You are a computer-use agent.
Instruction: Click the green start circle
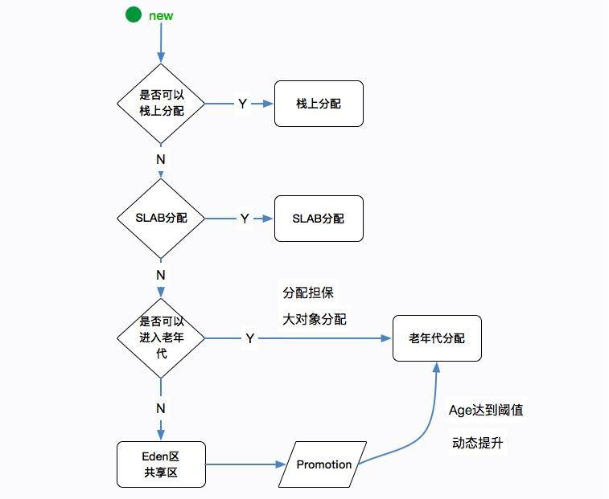coord(134,15)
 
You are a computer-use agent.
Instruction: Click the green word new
coord(161,16)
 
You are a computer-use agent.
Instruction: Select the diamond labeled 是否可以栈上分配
coord(161,103)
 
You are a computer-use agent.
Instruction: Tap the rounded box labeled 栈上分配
coord(319,104)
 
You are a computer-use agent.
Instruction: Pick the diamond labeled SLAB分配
coord(161,218)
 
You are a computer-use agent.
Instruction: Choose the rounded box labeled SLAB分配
coord(319,219)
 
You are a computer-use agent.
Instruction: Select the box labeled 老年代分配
coord(437,338)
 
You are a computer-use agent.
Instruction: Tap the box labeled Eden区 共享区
coord(161,464)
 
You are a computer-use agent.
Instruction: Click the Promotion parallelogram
coord(323,464)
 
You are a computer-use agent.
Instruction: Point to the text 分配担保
coord(303,292)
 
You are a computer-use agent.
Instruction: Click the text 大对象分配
coord(315,319)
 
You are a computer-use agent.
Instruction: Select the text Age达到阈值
coord(486,410)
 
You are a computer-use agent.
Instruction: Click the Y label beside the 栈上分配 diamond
coord(242,104)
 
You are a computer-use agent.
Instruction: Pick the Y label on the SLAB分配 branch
coord(245,219)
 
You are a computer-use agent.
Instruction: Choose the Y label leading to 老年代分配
coord(250,338)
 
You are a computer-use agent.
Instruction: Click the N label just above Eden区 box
coord(161,408)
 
